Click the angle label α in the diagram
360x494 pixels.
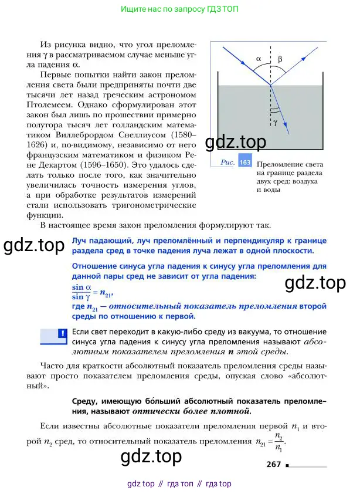260,59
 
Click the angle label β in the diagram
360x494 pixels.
280,59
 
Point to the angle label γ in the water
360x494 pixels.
275,122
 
